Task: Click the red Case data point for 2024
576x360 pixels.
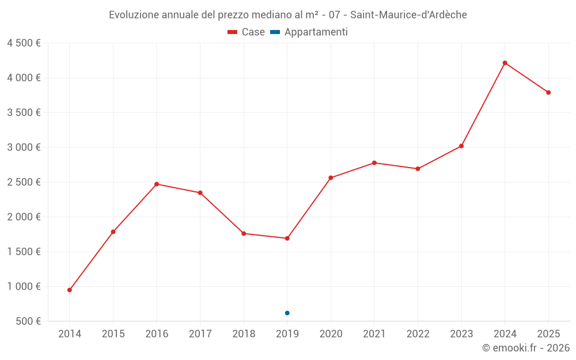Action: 505,63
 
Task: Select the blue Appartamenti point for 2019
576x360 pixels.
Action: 287,313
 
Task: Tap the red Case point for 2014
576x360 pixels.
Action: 70,290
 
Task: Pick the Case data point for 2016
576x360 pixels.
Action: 157,184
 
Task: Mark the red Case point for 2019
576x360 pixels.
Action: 287,238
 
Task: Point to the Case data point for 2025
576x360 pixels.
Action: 548,92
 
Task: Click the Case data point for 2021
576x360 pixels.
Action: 374,163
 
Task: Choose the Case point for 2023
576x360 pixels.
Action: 461,146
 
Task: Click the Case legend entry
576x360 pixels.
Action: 246,32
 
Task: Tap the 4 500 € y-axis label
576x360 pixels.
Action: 24,43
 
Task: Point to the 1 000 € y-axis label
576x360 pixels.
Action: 24,286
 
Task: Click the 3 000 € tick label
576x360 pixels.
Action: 24,147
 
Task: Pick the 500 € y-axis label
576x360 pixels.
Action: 28,321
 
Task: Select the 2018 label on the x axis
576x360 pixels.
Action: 244,334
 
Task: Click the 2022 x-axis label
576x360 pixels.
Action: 418,334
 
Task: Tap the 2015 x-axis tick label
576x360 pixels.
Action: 113,334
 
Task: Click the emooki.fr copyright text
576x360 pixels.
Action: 526,348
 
